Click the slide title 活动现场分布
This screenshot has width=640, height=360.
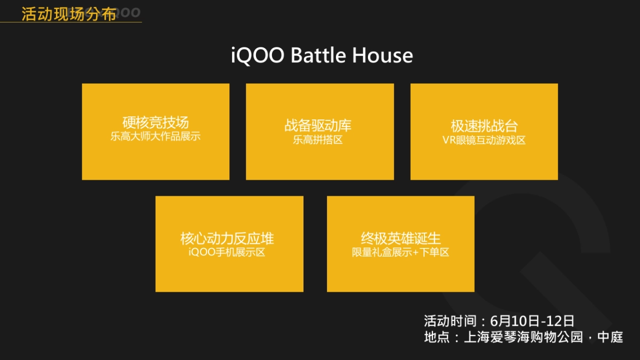coord(68,14)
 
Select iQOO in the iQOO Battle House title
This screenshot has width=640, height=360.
coord(258,55)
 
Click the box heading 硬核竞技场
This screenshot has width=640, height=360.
coord(155,124)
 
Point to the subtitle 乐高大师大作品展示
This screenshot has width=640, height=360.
coord(155,137)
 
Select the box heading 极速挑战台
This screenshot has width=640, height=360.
coord(484,126)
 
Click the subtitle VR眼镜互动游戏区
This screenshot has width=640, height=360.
coord(484,140)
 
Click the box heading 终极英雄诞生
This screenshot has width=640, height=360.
coord(401,238)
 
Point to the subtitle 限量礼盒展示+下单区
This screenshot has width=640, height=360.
coord(401,252)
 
